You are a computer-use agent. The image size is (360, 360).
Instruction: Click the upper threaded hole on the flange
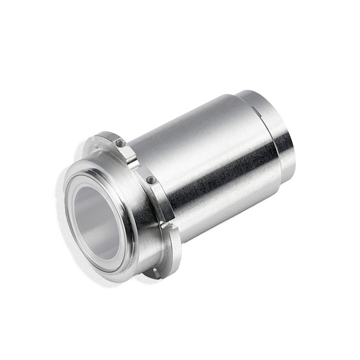[x=120, y=144]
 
